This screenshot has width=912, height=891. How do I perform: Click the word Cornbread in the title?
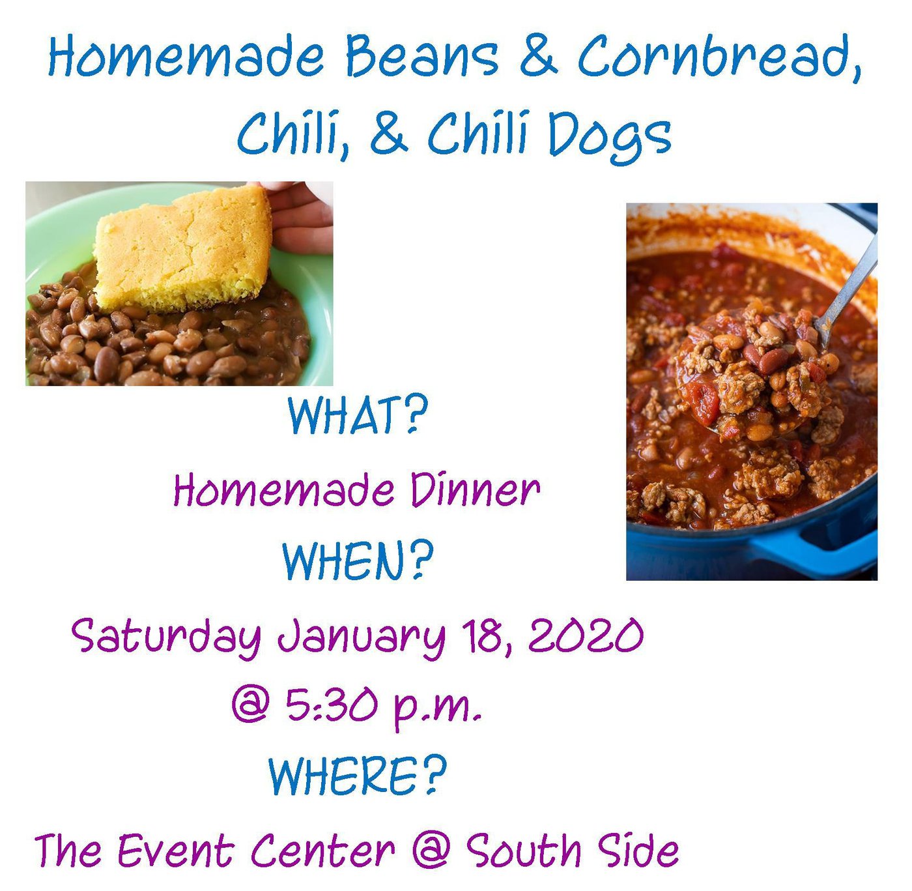click(x=720, y=57)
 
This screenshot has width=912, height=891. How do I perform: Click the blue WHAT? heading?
click(x=358, y=415)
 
